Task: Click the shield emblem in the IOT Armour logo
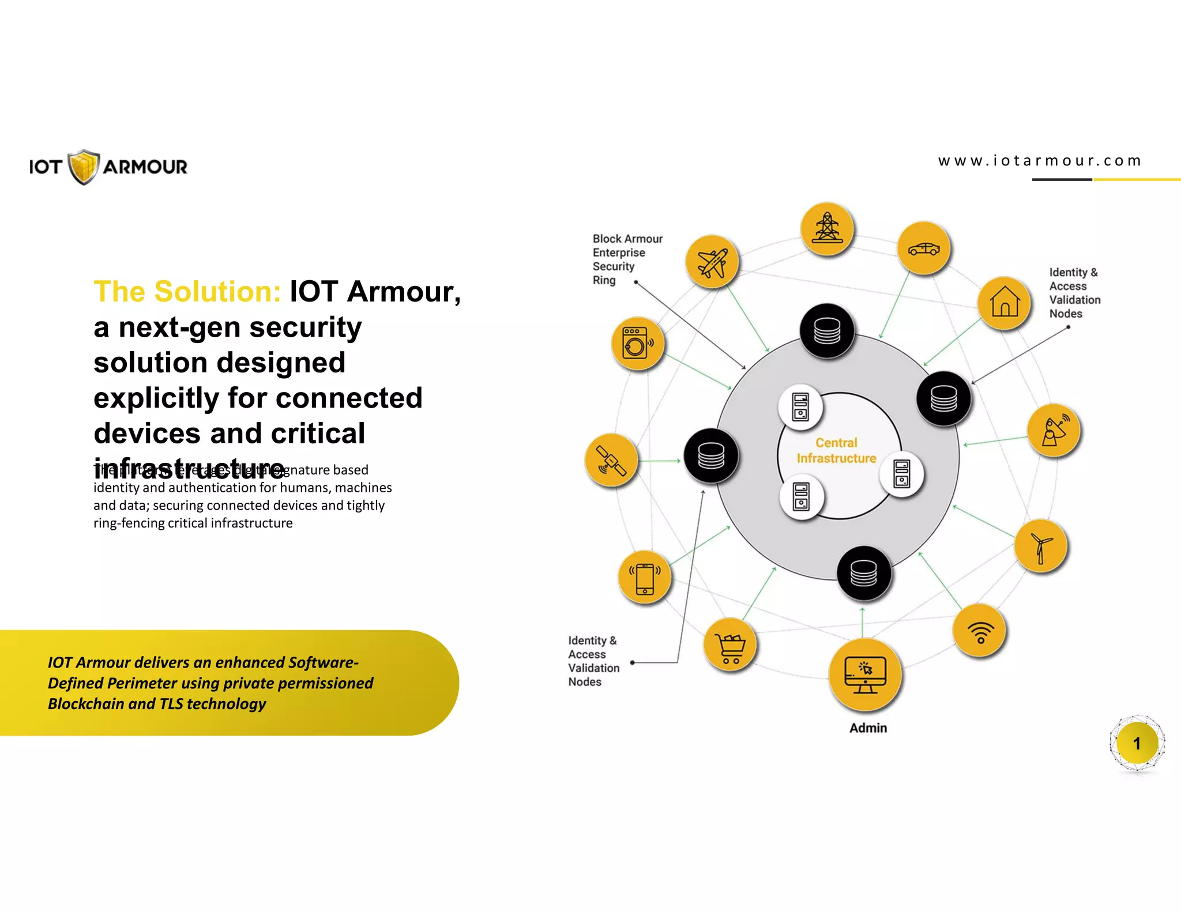point(84,167)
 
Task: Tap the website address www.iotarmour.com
point(1039,161)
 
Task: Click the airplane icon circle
point(712,262)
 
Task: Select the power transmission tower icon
point(827,229)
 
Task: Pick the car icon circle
point(924,248)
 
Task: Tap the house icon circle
point(1005,303)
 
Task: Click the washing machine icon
point(637,344)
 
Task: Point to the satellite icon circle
point(611,460)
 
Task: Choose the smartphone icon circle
point(645,577)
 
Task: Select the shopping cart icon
point(730,645)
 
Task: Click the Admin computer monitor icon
point(864,674)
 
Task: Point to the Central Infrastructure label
point(836,450)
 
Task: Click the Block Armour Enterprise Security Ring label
point(627,259)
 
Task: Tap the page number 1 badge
point(1137,744)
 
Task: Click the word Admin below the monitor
point(868,728)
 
